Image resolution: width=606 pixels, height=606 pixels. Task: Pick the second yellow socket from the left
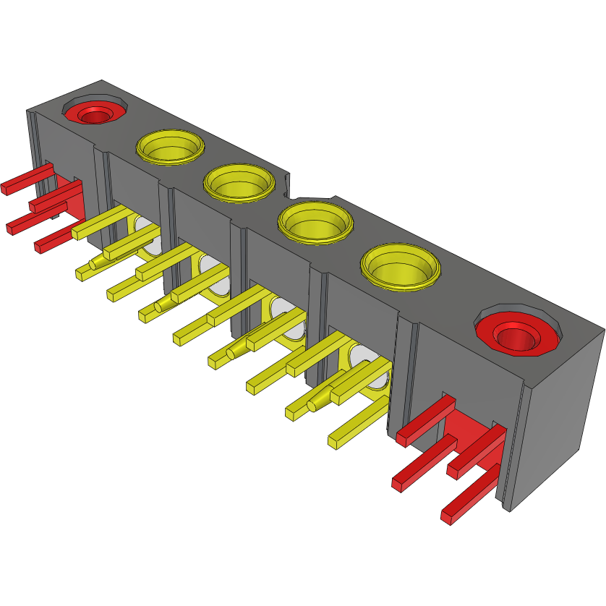(239, 182)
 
